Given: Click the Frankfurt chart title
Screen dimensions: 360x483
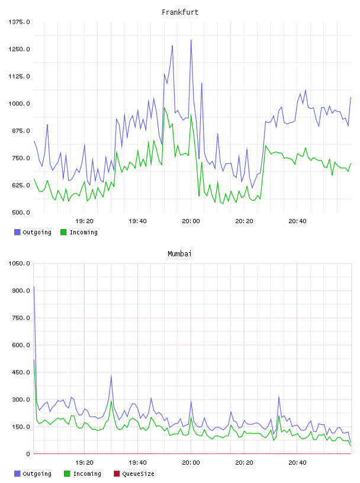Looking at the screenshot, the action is (x=180, y=12).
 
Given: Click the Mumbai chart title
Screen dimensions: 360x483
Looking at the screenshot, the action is (x=179, y=254).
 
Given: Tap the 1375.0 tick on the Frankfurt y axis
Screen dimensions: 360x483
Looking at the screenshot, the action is (x=19, y=22).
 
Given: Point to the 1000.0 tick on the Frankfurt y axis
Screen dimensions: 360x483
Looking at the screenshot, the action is (x=19, y=104).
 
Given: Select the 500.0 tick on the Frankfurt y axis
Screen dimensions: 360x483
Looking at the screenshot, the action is (x=21, y=212).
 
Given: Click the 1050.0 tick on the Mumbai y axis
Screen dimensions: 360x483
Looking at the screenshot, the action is (x=19, y=263).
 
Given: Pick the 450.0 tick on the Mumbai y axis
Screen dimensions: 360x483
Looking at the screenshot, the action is (x=21, y=372).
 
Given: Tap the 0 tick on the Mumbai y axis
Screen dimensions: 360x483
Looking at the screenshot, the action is (x=28, y=454).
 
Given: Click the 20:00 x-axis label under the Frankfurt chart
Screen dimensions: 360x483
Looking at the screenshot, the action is (x=191, y=221).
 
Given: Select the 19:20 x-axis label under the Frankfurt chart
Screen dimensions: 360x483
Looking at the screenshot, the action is (x=84, y=221).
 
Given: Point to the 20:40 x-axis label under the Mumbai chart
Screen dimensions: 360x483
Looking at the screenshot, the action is (x=297, y=463).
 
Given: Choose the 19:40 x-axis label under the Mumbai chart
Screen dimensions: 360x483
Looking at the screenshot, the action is (x=137, y=463).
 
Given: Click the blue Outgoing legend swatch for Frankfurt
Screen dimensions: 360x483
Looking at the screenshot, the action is (x=17, y=232).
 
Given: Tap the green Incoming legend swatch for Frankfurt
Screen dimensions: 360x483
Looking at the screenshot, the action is (x=63, y=232).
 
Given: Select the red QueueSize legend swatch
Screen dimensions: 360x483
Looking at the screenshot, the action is (x=117, y=474).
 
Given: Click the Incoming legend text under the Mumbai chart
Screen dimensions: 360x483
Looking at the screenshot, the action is (x=87, y=474).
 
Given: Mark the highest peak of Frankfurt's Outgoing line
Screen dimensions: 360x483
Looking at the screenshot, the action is (x=191, y=40).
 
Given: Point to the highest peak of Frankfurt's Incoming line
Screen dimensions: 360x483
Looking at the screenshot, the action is (x=165, y=108).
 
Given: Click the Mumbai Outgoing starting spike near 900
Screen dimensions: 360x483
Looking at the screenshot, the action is (x=34, y=286).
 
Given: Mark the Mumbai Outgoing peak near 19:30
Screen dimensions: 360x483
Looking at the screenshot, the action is (x=111, y=376).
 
